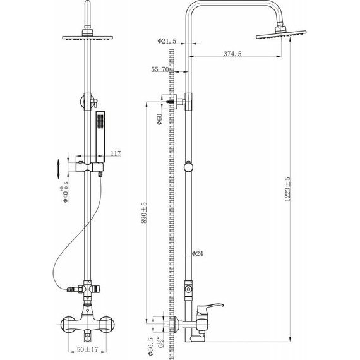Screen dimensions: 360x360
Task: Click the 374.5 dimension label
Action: pos(232,55)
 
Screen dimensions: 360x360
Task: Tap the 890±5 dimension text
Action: pos(143,213)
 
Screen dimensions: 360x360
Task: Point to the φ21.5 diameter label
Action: pos(167,42)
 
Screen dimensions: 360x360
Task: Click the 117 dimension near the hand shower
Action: pos(115,153)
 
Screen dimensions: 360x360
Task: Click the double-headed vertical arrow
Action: pos(58,169)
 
